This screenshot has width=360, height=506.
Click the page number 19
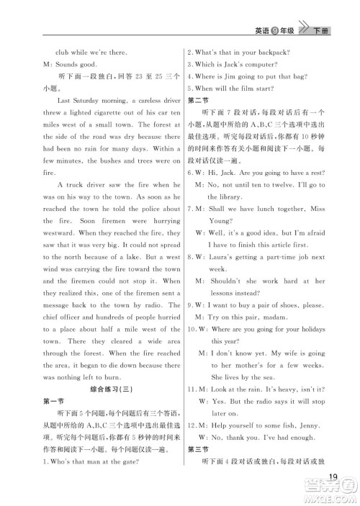tap(331, 475)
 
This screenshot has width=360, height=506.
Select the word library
tap(226, 196)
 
